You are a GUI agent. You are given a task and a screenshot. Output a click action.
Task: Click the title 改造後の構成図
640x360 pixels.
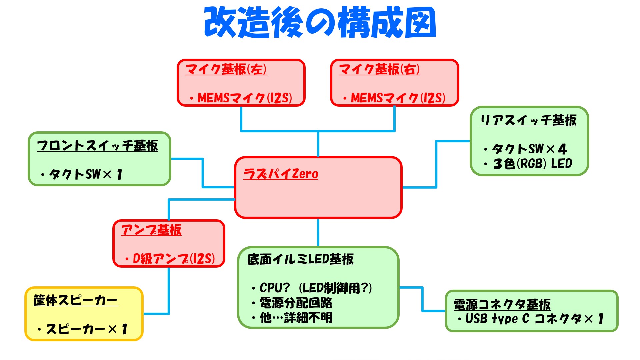(x=320, y=22)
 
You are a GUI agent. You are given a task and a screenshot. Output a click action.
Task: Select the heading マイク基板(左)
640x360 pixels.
(x=226, y=69)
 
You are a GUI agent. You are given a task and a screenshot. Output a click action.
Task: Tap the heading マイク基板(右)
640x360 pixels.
(x=379, y=69)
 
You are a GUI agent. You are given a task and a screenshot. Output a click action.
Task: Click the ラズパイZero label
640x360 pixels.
(x=281, y=174)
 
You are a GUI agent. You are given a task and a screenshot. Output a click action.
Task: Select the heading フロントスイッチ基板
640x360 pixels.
(x=97, y=146)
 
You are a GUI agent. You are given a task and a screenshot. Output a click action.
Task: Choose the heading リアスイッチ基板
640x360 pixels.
(x=528, y=120)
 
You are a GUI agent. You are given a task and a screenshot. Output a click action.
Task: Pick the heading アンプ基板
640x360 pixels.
(x=151, y=230)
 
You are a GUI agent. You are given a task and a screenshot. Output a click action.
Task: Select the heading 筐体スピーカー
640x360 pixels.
(x=76, y=300)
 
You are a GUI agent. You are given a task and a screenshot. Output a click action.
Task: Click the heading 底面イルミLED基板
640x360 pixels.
(x=300, y=259)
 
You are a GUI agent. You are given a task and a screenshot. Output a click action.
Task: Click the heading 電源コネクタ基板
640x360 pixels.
(x=502, y=304)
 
